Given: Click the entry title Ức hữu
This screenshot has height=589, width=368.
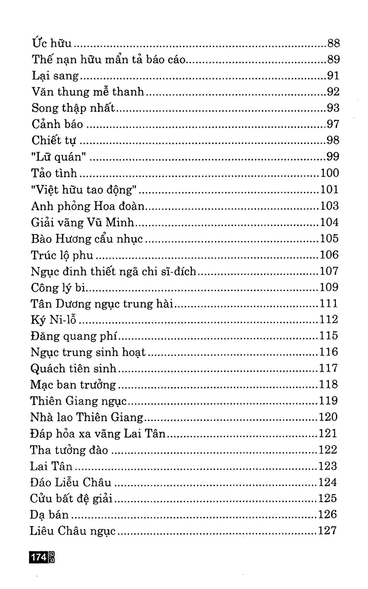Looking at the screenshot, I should [x=52, y=44].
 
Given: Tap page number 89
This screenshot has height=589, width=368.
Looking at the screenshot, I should [x=333, y=60].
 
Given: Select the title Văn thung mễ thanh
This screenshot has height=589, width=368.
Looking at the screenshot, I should [x=88, y=92].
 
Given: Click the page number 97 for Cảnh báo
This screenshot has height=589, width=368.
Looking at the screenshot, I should [x=333, y=124].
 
